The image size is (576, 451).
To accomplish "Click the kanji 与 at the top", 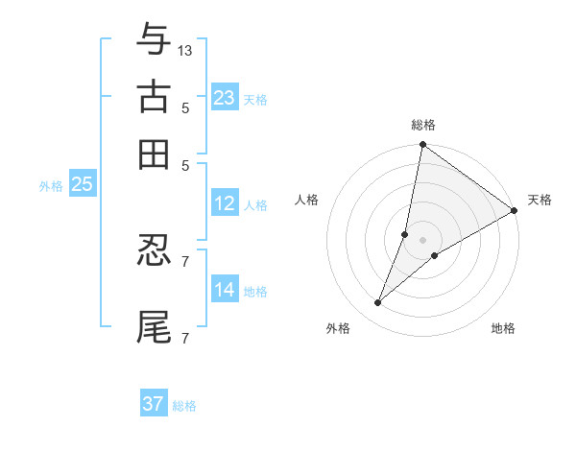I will click(x=154, y=41).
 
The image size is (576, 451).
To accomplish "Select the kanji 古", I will click(x=154, y=97).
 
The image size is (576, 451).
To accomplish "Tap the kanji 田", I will click(x=154, y=153).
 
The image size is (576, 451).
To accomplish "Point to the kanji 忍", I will click(x=154, y=251).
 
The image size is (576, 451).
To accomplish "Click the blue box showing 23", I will click(x=225, y=98).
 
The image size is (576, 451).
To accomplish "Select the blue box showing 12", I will click(x=225, y=203).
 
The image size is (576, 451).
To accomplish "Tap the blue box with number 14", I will click(x=225, y=290).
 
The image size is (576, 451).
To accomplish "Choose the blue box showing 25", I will click(x=82, y=185).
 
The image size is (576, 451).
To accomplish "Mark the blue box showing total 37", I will click(x=154, y=404).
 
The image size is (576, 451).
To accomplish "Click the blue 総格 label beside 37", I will click(x=184, y=406).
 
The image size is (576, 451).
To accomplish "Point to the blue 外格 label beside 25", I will click(x=51, y=186).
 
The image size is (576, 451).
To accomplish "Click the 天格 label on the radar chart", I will click(x=540, y=200).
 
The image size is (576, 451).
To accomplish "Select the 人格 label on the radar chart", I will click(x=307, y=200).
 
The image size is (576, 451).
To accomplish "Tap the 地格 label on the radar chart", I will click(x=503, y=328).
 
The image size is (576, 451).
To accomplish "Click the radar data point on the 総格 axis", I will click(x=422, y=146).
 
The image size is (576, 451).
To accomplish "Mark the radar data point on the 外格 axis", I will click(x=378, y=303).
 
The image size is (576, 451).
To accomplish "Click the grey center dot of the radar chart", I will click(x=422, y=240).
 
